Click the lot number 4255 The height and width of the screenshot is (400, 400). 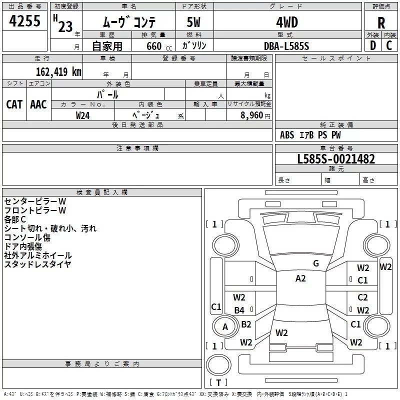[24, 20]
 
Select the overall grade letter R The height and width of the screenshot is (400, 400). [381, 22]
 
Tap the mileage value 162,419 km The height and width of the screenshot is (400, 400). [58, 71]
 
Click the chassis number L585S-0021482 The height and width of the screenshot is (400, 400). [336, 158]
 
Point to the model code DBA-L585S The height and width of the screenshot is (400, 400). [286, 46]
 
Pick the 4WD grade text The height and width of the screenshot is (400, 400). [287, 22]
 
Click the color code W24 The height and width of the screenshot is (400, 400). [82, 115]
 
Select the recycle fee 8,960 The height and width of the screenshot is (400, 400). [251, 115]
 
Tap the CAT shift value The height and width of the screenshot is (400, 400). [14, 104]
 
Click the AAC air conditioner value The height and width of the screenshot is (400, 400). [38, 104]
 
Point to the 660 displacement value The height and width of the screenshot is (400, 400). [154, 46]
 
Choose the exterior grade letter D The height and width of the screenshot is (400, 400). [373, 45]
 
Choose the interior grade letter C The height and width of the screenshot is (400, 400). [389, 45]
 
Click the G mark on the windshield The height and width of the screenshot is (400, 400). [316, 263]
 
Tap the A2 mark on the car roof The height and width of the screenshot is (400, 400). [300, 278]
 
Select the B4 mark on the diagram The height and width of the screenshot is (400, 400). [239, 310]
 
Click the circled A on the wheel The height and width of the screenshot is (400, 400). [225, 327]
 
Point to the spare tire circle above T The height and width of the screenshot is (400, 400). [218, 365]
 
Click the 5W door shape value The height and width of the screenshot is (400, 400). [193, 22]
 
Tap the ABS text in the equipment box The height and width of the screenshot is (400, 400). [287, 135]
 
